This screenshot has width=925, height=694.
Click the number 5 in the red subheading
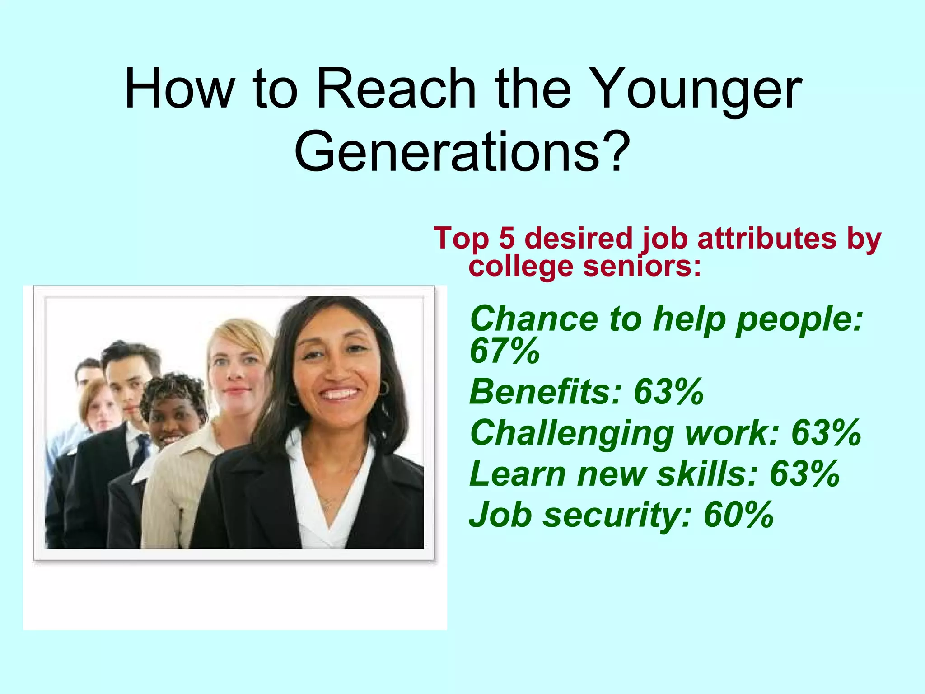(x=507, y=238)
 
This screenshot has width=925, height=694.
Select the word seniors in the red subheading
(x=642, y=266)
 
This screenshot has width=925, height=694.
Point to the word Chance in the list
(x=533, y=318)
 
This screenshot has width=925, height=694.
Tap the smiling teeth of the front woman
(x=339, y=394)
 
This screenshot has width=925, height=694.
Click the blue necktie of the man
(x=142, y=450)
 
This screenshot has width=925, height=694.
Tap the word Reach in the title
(x=396, y=89)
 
